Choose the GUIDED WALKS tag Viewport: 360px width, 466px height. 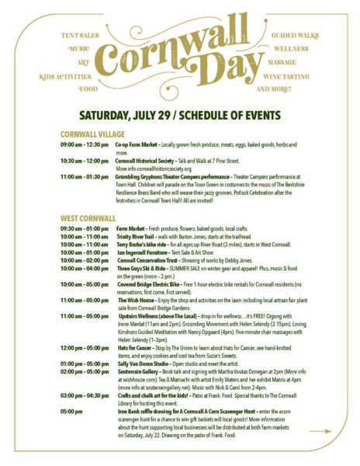coord(294,36)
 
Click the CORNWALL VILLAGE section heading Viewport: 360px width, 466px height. coord(92,134)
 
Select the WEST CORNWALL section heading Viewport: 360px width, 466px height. coord(88,218)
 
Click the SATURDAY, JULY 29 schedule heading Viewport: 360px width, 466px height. coord(179,113)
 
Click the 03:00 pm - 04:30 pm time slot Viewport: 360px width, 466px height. coord(85,396)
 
